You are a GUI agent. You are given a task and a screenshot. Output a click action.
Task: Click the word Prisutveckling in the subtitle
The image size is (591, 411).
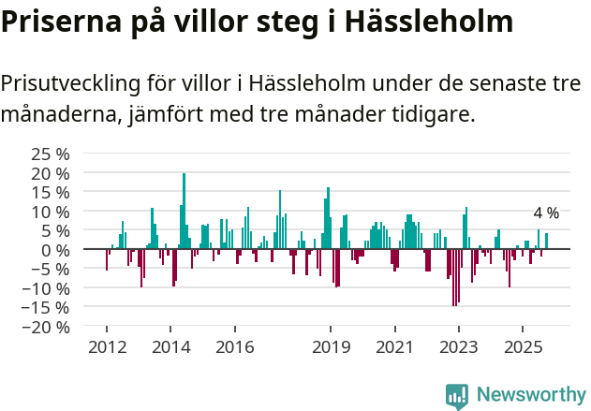click(71, 83)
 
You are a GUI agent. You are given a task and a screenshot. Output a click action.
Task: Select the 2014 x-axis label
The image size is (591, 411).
click(170, 347)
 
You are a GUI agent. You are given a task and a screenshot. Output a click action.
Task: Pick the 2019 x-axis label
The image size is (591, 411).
click(330, 347)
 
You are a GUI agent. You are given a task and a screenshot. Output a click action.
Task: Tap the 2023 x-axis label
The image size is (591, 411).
click(458, 347)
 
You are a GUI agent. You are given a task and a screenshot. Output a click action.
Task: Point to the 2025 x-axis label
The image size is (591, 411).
click(522, 347)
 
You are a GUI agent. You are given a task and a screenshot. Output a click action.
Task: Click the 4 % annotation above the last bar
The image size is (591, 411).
click(546, 213)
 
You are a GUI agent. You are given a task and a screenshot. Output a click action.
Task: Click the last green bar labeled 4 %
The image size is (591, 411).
click(547, 242)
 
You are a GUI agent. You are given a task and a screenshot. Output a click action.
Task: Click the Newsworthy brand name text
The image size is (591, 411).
click(530, 395)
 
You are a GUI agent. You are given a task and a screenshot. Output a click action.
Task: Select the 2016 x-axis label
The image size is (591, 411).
click(234, 347)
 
